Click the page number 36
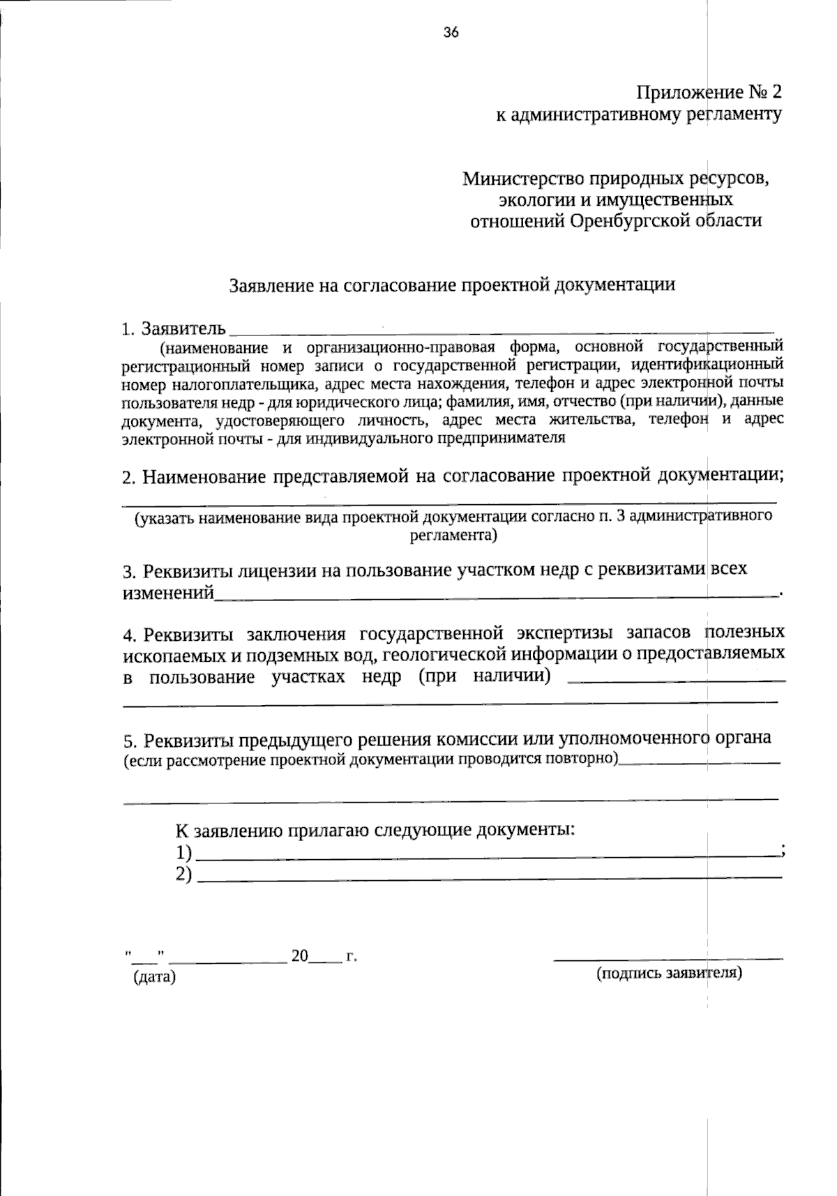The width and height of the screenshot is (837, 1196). point(451,32)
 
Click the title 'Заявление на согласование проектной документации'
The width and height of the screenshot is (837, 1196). point(453,285)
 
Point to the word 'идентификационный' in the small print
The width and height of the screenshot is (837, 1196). point(707,364)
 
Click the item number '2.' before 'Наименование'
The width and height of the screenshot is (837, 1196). point(128,478)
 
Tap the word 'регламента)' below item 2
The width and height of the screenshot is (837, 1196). point(453,536)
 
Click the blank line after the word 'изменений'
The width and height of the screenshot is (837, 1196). point(495,596)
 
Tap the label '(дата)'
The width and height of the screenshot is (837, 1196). point(155,978)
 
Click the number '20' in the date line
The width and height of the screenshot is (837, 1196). point(299,956)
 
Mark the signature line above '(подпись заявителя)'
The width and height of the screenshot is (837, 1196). point(668,959)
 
